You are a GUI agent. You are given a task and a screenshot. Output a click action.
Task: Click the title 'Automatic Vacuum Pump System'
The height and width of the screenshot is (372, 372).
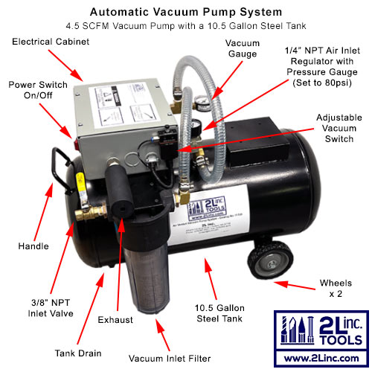tap(185, 12)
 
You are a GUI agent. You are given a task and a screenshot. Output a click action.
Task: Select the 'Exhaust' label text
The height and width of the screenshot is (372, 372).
tap(116, 320)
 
